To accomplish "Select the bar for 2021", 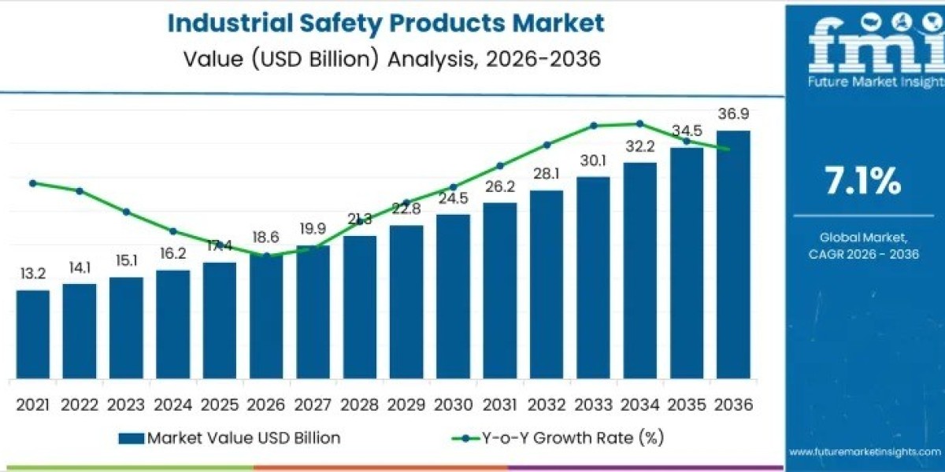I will tap(32, 334).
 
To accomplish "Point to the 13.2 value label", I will tap(32, 273).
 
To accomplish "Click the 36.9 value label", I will tap(733, 114).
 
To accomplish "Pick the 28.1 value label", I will tap(547, 174).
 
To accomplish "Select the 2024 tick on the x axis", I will tap(172, 405).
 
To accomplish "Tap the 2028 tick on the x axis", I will tap(359, 405).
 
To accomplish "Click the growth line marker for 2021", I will tap(32, 183).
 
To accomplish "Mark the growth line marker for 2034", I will tap(639, 124).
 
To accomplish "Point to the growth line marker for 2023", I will tap(126, 212).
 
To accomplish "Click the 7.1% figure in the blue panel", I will tap(862, 183).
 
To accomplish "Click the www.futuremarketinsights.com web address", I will tap(865, 452).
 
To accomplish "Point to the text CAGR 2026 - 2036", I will tap(864, 253).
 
